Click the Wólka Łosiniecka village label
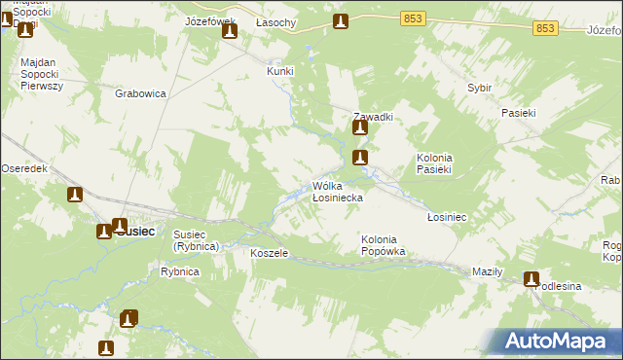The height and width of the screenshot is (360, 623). pos(338,191)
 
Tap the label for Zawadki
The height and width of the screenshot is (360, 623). pos(373,116)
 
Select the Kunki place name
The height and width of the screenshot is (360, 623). pos(280,71)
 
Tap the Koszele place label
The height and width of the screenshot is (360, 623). pos(269,253)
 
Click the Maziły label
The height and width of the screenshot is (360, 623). pos(486,271)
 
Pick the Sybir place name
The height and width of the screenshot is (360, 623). pos(479,88)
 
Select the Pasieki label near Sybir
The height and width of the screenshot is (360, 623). pos(519,113)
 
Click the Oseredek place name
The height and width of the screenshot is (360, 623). pos(24,167)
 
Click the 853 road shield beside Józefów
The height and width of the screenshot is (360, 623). pos(545,28)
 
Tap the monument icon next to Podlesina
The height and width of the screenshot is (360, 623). pos(531,279)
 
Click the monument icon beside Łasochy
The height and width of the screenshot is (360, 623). pos(340,21)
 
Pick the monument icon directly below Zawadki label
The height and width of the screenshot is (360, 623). pos(360,126)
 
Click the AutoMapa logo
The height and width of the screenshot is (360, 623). pos(558,341)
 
